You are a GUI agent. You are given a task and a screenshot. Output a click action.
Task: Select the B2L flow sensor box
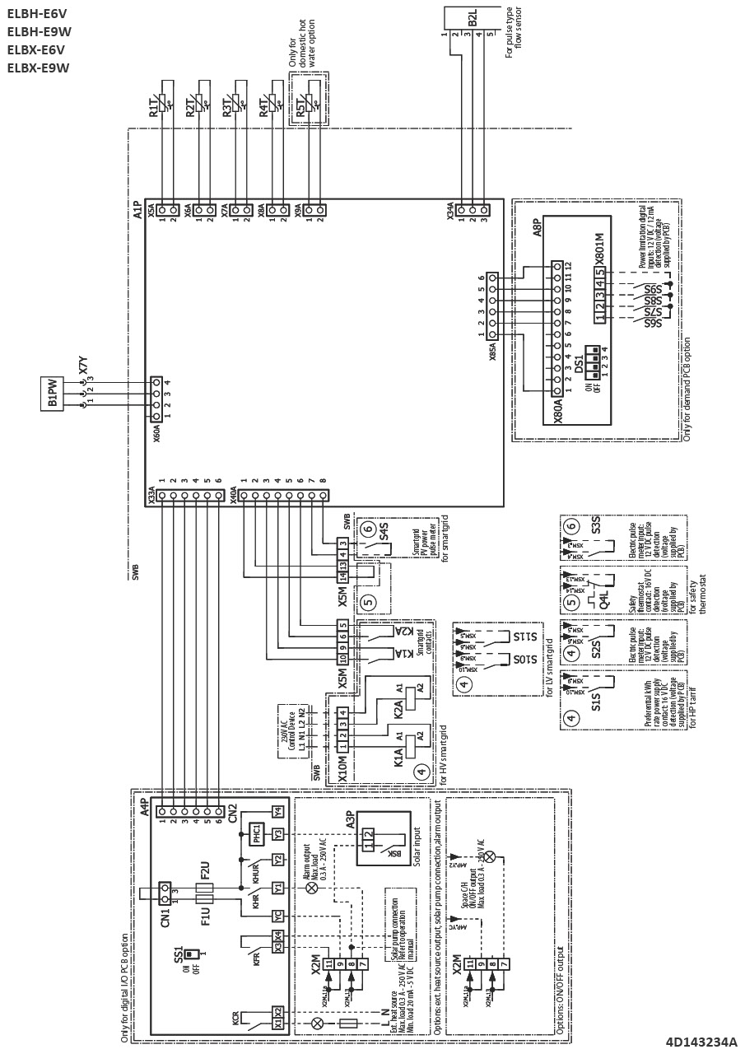(x=472, y=18)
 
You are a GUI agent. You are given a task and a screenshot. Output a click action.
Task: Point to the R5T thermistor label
(x=300, y=106)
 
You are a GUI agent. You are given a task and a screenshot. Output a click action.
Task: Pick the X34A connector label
(x=450, y=212)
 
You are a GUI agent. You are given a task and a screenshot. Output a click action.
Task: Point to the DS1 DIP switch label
(x=579, y=362)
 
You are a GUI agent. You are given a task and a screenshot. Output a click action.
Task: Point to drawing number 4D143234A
(x=701, y=1042)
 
